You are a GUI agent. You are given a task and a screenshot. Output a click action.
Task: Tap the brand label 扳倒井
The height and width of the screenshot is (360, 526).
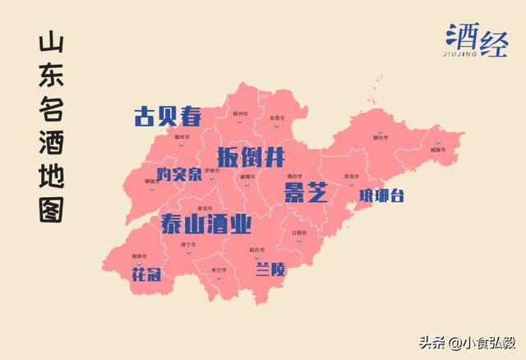click(251, 156)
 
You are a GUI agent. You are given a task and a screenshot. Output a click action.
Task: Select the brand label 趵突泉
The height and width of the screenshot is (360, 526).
click(180, 174)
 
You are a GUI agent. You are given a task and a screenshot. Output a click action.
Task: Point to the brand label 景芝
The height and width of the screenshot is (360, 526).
click(306, 193)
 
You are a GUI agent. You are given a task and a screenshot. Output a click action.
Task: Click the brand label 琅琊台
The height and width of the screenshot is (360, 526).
click(381, 196)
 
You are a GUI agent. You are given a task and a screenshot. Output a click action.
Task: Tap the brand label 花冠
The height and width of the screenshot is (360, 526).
click(145, 274)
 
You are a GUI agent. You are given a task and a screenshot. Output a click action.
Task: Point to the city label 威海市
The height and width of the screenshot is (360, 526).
click(435, 150)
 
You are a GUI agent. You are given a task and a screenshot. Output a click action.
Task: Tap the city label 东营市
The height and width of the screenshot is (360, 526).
click(277, 119)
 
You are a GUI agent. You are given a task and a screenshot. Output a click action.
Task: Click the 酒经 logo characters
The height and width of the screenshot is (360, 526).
click(478, 37)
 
